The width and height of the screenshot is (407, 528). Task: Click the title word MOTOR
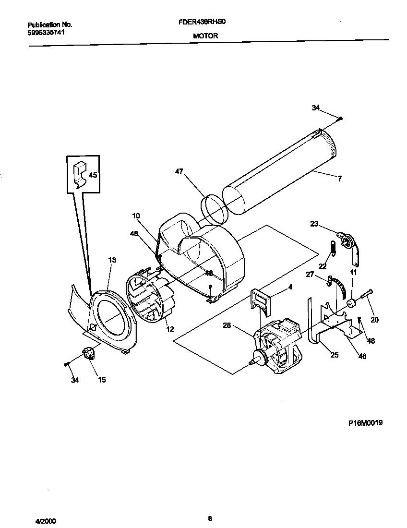click(205, 36)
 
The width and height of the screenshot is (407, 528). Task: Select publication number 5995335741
click(46, 33)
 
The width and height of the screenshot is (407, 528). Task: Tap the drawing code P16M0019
click(365, 423)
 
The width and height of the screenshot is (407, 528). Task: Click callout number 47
click(179, 172)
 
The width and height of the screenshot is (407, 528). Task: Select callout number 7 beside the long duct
click(339, 179)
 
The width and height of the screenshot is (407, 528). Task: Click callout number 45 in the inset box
click(93, 175)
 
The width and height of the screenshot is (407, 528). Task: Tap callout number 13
click(112, 260)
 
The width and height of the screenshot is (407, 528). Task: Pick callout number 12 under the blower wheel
click(169, 329)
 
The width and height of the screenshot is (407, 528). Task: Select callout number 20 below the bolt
click(374, 320)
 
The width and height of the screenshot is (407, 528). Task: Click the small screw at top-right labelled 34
click(340, 118)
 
